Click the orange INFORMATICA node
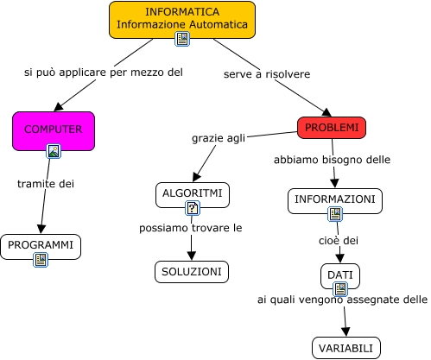[x=182, y=17]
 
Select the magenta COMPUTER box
[x=53, y=129]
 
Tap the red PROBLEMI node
[x=331, y=128]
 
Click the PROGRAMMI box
[x=41, y=245]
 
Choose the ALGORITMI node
[x=193, y=193]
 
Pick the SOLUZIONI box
[x=192, y=272]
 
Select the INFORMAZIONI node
[x=334, y=199]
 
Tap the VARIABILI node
[x=345, y=348]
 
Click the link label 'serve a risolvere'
[x=266, y=74]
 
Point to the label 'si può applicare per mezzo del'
[x=103, y=73]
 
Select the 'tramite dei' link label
[x=46, y=183]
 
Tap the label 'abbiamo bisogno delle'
[x=333, y=160]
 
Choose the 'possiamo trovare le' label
[x=191, y=228]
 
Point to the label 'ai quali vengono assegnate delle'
[x=342, y=300]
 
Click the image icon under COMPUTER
[x=54, y=152]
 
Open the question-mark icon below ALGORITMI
[x=193, y=208]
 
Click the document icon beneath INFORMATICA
[x=182, y=39]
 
